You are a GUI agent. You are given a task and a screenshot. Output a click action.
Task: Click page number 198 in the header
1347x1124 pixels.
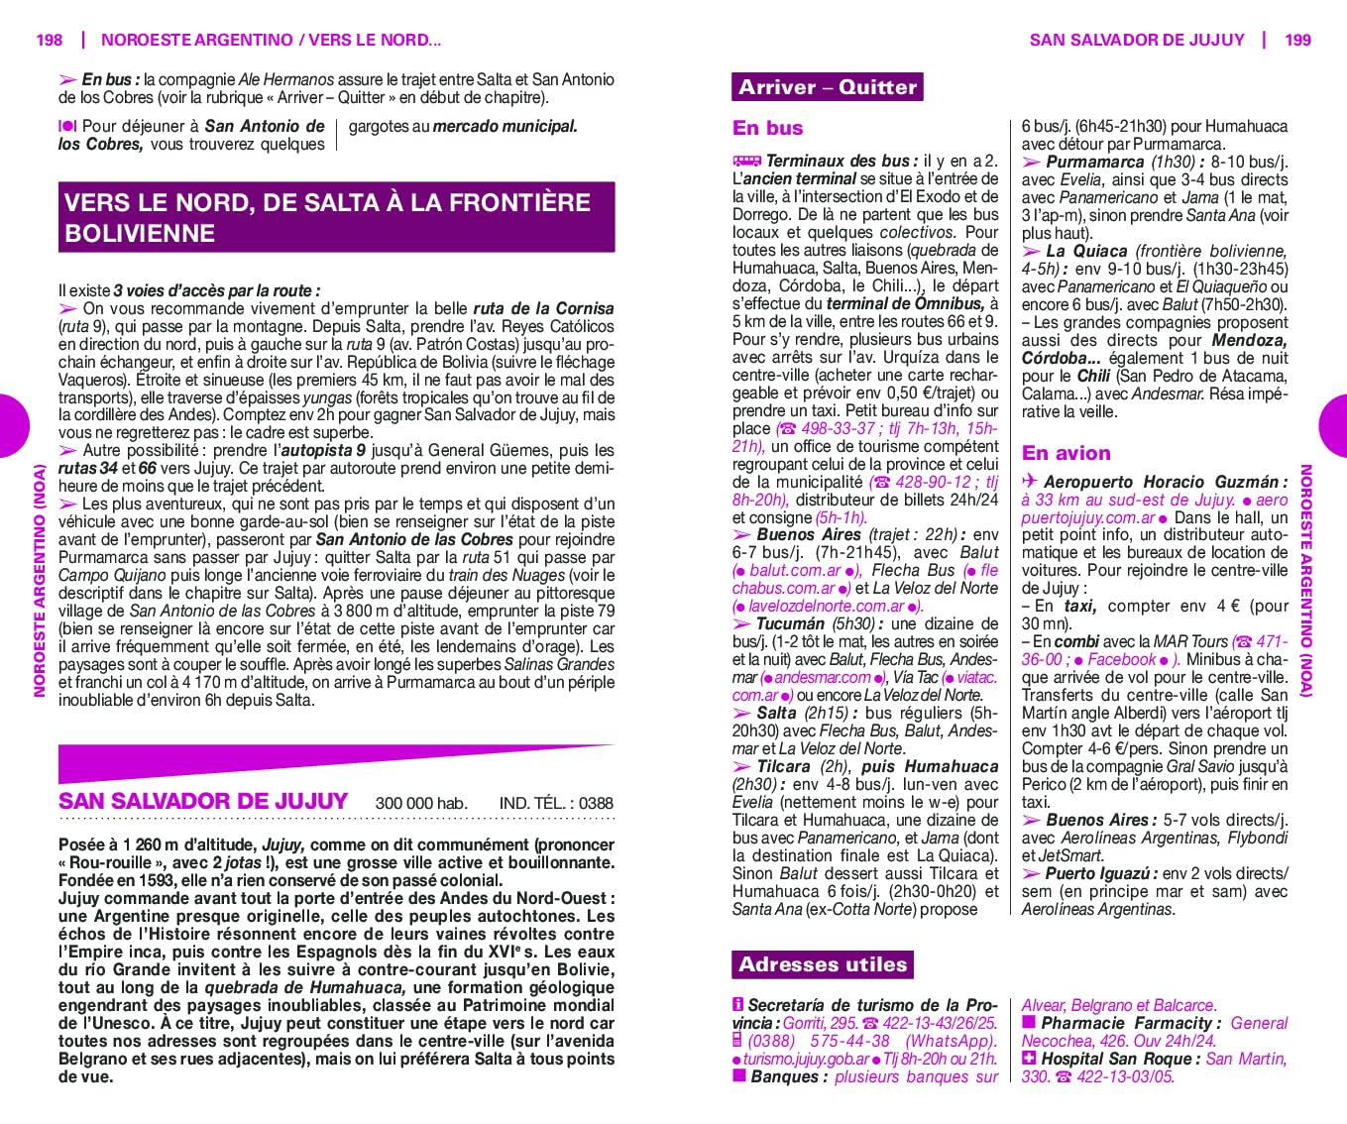[x=49, y=40]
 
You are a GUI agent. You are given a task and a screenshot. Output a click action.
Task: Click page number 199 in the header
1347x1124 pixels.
[x=1297, y=40]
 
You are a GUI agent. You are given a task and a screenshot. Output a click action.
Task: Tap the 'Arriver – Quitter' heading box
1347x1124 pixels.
[x=827, y=87]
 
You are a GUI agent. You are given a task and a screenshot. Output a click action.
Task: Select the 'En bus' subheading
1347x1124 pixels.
[x=767, y=128]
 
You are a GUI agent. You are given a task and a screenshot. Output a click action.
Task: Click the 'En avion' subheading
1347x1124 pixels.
[x=1066, y=453]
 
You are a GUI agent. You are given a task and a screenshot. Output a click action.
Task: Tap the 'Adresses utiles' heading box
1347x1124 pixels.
[x=822, y=964]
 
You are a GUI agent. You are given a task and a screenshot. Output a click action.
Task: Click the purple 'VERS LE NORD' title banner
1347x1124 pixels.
[x=336, y=217]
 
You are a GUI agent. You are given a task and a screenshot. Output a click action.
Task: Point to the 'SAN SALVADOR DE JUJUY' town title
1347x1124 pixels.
[x=203, y=801]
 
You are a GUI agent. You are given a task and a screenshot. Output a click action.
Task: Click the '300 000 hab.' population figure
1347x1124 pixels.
[x=421, y=803]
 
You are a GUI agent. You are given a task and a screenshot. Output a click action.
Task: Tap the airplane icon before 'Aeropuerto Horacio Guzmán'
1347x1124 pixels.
[x=1030, y=482]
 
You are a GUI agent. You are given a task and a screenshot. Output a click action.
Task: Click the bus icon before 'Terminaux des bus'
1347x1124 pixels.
[x=746, y=161]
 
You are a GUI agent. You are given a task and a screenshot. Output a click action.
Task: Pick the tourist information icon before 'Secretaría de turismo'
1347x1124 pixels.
[x=738, y=1005]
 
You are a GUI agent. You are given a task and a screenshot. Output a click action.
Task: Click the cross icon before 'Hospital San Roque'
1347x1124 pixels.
[x=1029, y=1059]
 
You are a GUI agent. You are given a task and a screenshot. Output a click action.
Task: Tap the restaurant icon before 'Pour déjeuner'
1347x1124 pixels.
[x=67, y=126]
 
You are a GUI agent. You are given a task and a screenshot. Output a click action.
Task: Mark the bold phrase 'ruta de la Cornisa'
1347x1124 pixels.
[x=543, y=308]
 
